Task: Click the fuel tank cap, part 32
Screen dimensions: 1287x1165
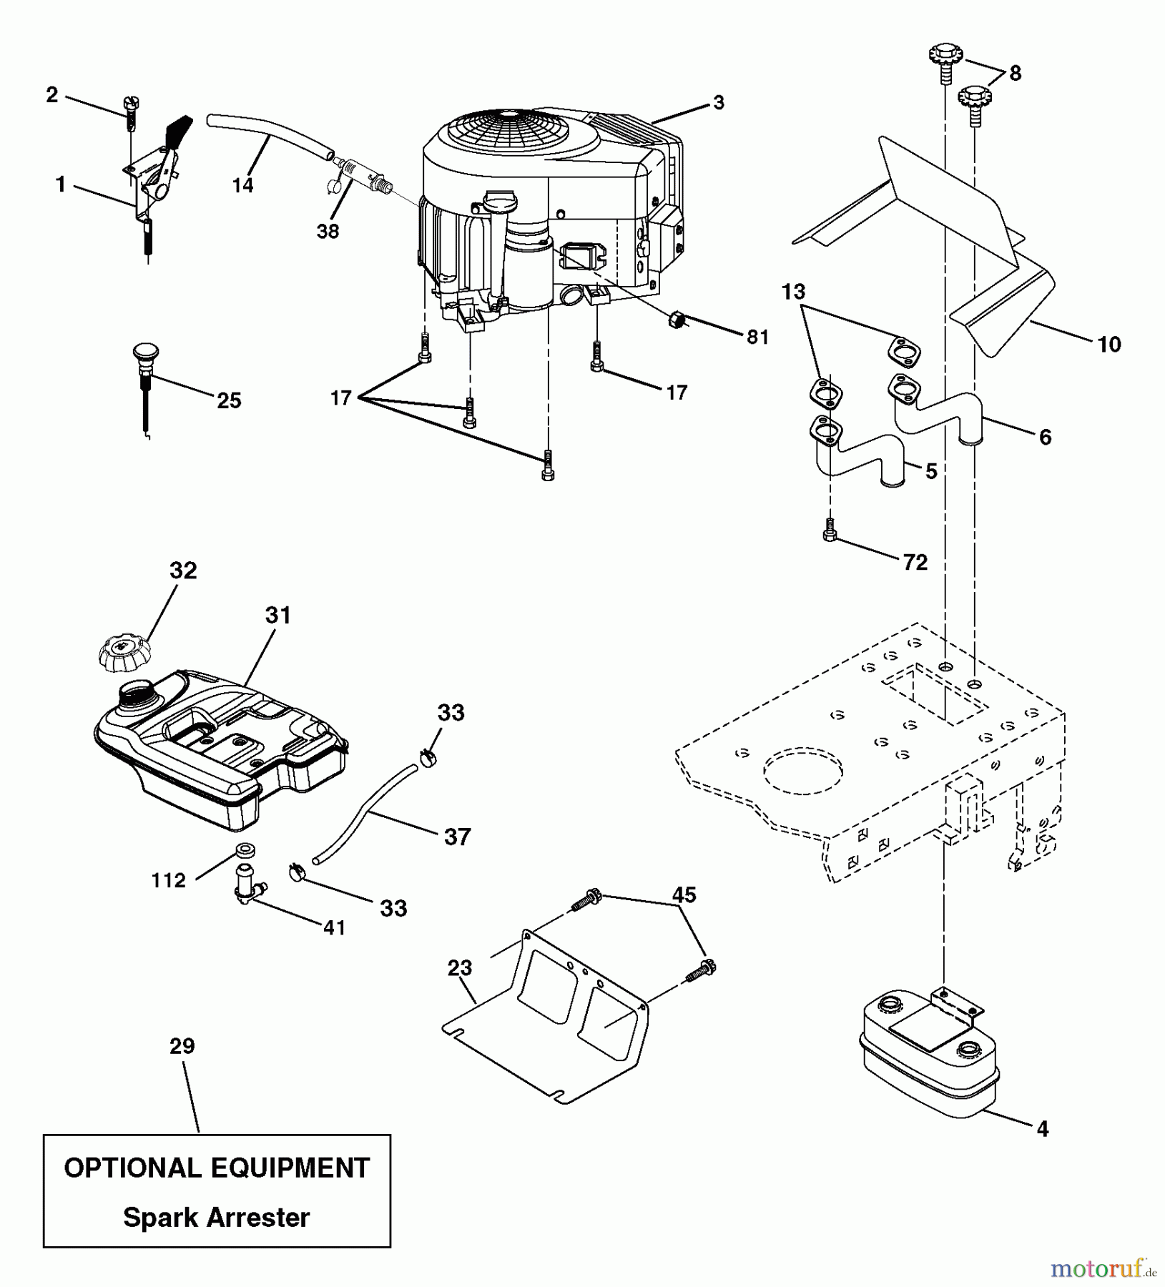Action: (x=125, y=650)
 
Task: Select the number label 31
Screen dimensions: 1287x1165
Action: (x=278, y=615)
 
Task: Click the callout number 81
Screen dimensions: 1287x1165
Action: (x=757, y=337)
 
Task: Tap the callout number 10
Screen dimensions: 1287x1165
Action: (x=1109, y=345)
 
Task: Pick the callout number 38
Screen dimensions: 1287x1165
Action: (x=328, y=231)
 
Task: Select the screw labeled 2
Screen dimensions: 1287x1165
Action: (x=131, y=111)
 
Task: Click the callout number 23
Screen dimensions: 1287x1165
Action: (x=459, y=968)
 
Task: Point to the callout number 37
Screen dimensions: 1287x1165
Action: (x=457, y=837)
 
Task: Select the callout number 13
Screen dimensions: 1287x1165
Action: (x=793, y=292)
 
